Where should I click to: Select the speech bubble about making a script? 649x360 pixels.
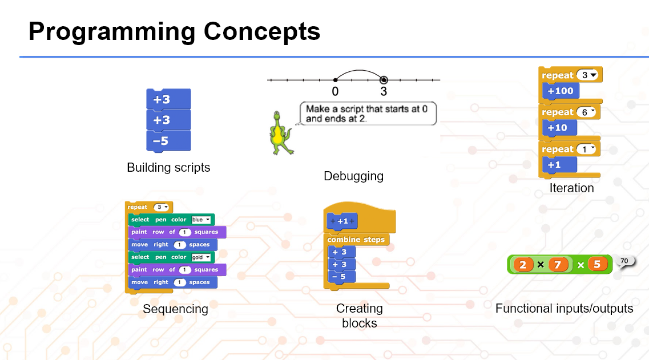click(367, 113)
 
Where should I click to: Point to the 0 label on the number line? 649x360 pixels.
click(335, 91)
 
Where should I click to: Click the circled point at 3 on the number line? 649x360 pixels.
click(384, 80)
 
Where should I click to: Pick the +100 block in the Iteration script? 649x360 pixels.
click(560, 91)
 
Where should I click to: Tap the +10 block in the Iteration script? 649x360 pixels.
click(557, 128)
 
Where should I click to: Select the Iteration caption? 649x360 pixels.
click(571, 188)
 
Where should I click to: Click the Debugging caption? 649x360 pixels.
click(353, 176)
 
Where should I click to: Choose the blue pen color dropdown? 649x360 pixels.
click(201, 220)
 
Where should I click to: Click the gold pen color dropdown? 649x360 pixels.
click(201, 257)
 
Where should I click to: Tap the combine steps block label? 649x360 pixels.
click(356, 240)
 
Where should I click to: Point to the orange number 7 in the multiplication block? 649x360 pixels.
click(558, 265)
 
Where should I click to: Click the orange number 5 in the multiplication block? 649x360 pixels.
click(597, 265)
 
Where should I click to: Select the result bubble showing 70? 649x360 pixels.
click(624, 261)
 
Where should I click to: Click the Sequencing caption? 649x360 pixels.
click(175, 309)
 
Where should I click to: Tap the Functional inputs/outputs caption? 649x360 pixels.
click(564, 308)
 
